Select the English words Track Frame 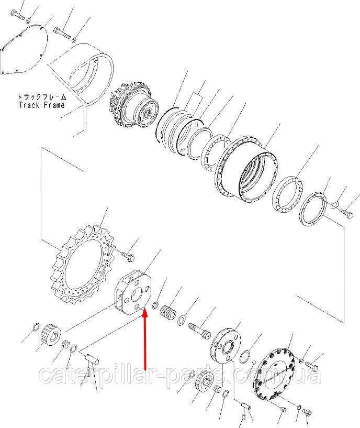tap(42, 105)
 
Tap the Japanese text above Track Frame tap(42, 96)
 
